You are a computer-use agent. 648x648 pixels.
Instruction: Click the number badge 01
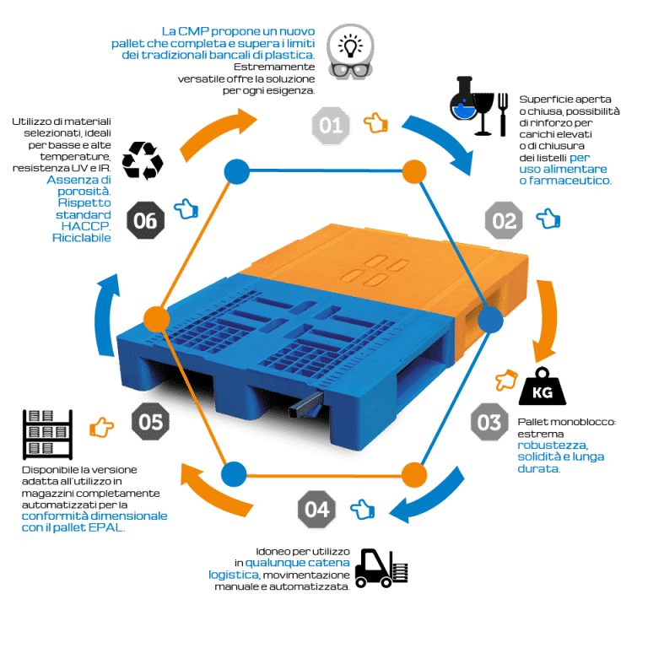point(331,126)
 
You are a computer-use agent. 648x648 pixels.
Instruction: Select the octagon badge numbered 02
point(504,220)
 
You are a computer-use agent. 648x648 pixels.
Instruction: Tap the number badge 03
point(489,423)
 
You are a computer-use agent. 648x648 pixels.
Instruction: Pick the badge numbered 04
point(317,509)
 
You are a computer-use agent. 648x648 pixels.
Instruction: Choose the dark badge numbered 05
point(150,422)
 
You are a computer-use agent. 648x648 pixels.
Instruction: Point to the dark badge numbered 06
point(145,220)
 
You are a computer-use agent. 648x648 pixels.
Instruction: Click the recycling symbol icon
point(143,161)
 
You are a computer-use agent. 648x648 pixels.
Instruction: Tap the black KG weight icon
point(543,386)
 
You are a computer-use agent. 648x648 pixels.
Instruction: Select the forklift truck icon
point(381,568)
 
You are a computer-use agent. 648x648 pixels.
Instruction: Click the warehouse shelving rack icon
point(47,435)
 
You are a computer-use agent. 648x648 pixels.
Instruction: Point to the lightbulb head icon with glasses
point(350,51)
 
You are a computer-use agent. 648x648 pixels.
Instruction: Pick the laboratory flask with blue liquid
point(462,99)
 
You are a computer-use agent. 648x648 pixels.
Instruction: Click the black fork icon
point(503,115)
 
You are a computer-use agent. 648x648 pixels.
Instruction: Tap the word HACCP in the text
point(86,226)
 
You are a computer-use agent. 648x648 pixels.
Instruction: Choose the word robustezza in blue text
point(553,445)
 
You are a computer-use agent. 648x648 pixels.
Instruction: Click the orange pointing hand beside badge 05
point(101,427)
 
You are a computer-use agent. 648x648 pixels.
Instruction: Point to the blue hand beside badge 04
point(363,509)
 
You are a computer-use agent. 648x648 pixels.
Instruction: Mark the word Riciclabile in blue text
point(81,238)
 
